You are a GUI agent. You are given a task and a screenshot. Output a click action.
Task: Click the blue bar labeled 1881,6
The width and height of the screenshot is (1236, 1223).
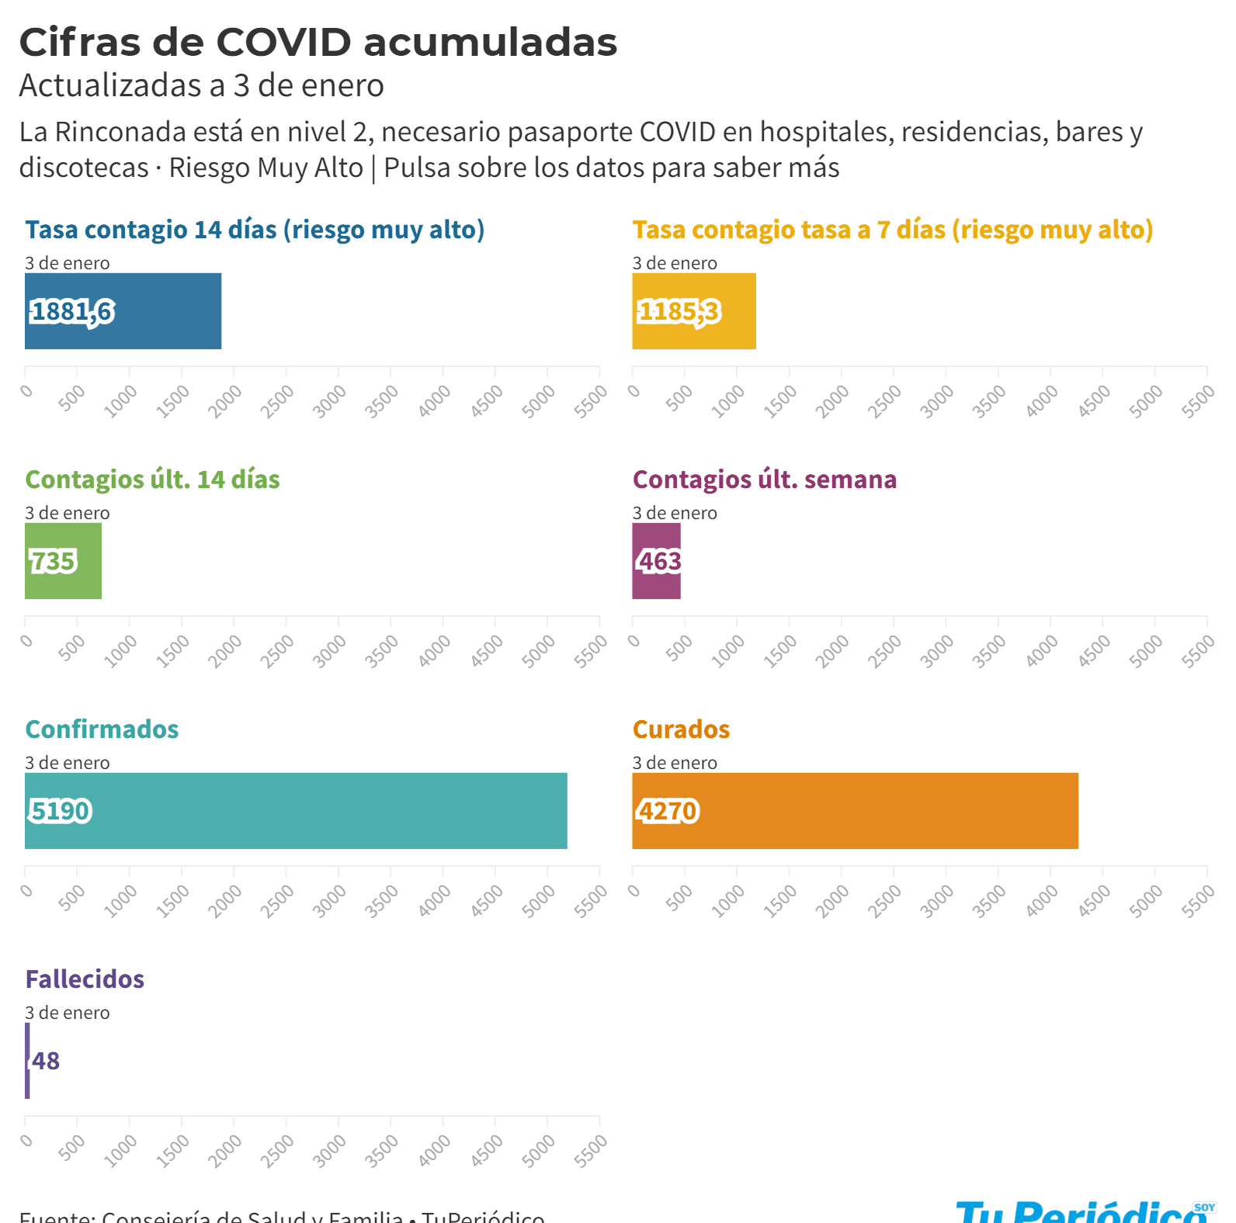123,311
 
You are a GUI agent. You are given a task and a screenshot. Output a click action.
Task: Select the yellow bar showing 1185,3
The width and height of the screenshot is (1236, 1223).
693,311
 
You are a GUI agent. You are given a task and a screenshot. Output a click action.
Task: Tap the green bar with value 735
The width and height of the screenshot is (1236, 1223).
63,561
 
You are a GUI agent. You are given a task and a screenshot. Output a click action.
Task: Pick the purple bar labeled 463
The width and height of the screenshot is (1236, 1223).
656,561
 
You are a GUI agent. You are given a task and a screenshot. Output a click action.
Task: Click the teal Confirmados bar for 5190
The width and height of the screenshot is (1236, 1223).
296,811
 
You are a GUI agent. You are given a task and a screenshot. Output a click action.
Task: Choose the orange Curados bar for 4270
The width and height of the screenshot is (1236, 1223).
855,811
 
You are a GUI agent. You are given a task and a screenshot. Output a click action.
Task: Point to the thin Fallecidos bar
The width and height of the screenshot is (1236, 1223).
27,1061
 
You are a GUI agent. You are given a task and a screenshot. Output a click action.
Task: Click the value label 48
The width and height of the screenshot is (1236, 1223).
47,1061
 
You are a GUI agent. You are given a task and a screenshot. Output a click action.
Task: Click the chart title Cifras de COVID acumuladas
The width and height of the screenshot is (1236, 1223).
318,42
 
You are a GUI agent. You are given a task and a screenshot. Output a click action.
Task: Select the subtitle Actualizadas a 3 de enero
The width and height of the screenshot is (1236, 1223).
201,85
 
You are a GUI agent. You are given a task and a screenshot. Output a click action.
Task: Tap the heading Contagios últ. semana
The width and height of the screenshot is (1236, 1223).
764,480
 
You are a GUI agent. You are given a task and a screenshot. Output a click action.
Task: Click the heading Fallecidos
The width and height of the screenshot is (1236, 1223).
85,979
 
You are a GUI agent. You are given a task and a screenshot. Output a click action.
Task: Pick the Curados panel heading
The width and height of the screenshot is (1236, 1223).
681,729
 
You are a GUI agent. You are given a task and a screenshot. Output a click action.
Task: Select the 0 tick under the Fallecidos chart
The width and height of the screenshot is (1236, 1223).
27,1140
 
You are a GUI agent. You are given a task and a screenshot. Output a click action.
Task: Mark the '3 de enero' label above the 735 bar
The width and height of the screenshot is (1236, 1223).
68,513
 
